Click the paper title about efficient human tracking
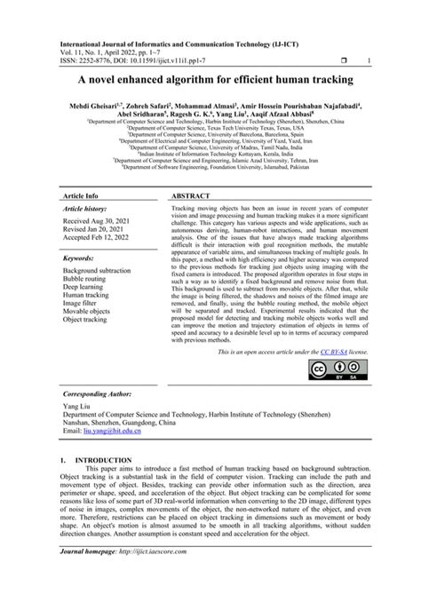210,81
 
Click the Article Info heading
80,194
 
